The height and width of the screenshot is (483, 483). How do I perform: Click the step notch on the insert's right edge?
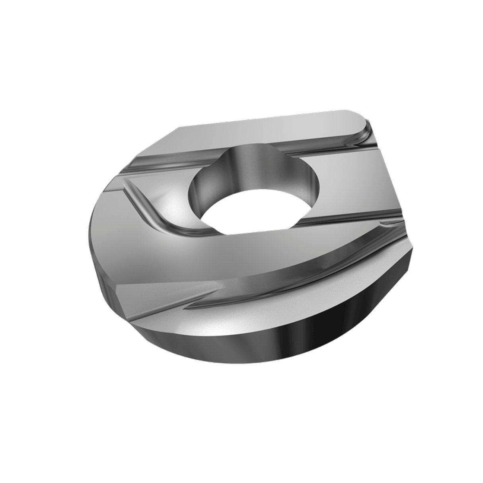click(406, 239)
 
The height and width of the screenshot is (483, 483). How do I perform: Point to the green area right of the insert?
click(446, 239)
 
